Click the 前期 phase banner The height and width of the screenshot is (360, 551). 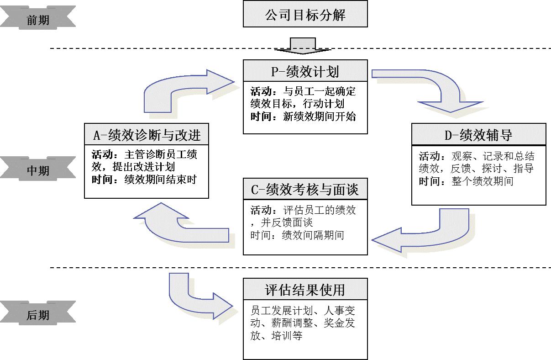tap(38, 20)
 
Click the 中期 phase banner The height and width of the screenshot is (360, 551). tap(38, 170)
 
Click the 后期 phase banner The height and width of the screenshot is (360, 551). tap(38, 315)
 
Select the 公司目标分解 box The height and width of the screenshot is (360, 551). tap(305, 15)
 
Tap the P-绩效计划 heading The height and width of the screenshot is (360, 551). tap(305, 71)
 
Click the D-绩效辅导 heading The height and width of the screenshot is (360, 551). tap(478, 135)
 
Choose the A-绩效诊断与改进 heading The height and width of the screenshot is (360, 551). tap(147, 135)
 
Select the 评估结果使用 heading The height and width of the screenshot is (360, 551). tap(305, 290)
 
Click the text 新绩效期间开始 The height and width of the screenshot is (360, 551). tap(320, 116)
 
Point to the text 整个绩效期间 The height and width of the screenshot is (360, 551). tap(483, 181)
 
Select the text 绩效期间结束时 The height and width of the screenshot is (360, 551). tap(160, 180)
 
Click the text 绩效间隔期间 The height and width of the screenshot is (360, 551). tap(313, 235)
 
